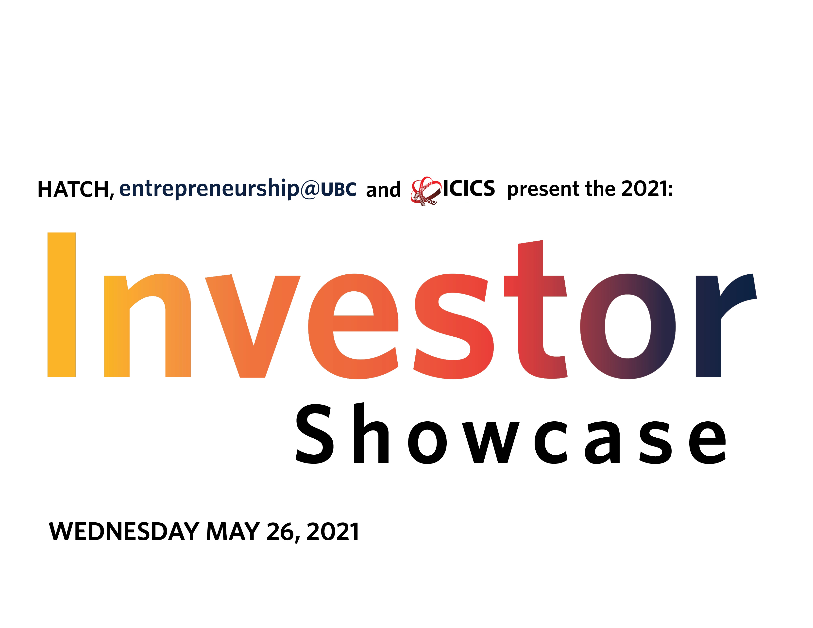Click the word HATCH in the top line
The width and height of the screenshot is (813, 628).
point(73,189)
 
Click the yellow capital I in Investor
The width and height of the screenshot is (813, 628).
point(61,305)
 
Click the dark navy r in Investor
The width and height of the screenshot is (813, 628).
point(726,326)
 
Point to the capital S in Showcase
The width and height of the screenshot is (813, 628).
point(315,434)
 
